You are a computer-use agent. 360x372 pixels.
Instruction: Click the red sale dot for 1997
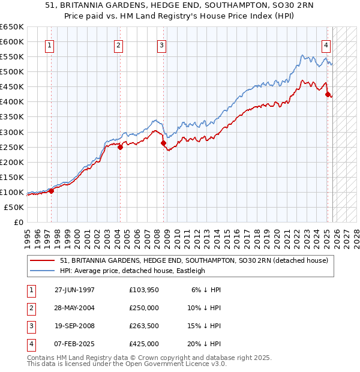click(52, 191)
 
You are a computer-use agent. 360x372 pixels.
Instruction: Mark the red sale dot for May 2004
click(120, 147)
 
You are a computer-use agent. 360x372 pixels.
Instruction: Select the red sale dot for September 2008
click(163, 143)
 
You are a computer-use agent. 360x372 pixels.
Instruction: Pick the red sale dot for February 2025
click(327, 94)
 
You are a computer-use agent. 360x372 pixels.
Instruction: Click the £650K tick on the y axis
click(12, 27)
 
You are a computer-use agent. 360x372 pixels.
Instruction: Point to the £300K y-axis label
click(12, 132)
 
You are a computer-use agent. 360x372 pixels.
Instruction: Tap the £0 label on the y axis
click(18, 222)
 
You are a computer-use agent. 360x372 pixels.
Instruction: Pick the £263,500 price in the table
click(144, 327)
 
